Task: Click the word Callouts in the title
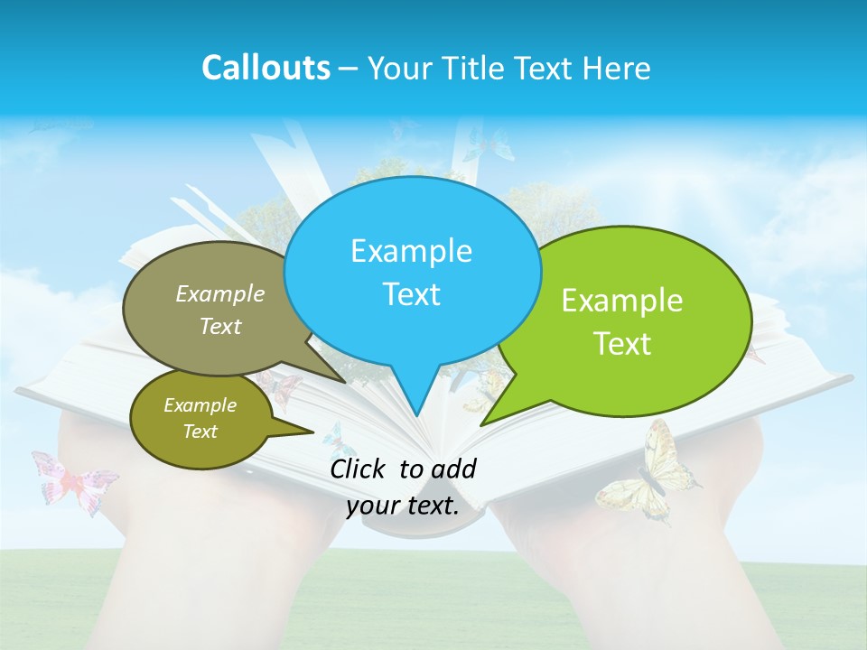click(266, 68)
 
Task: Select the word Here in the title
click(618, 68)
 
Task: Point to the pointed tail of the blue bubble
click(415, 402)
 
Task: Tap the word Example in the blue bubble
click(411, 251)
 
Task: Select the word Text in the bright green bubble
click(622, 344)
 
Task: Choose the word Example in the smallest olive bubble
click(200, 405)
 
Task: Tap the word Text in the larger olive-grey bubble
click(220, 327)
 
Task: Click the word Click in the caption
click(359, 469)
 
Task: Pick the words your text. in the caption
click(403, 506)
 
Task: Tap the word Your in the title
click(399, 68)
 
